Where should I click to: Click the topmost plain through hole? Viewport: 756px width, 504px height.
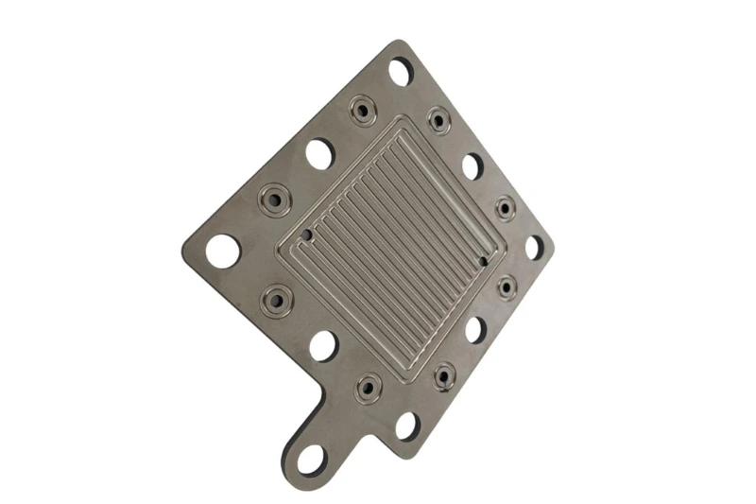(x=400, y=71)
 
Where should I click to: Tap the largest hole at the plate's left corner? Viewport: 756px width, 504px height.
(x=223, y=250)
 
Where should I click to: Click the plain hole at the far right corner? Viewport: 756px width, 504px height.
(x=534, y=247)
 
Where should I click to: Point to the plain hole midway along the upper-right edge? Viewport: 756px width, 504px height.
(x=472, y=165)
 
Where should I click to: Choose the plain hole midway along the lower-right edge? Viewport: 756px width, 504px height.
(x=475, y=328)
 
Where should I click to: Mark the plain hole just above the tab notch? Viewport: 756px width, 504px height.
(x=323, y=345)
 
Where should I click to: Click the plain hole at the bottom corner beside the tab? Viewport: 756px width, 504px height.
(x=407, y=425)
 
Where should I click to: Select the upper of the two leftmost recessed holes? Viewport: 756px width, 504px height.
(x=274, y=200)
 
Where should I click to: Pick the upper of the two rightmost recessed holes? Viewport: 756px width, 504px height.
(x=506, y=207)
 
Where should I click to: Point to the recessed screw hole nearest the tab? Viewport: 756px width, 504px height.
(x=368, y=386)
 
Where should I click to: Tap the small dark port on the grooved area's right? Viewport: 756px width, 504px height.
(x=483, y=259)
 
